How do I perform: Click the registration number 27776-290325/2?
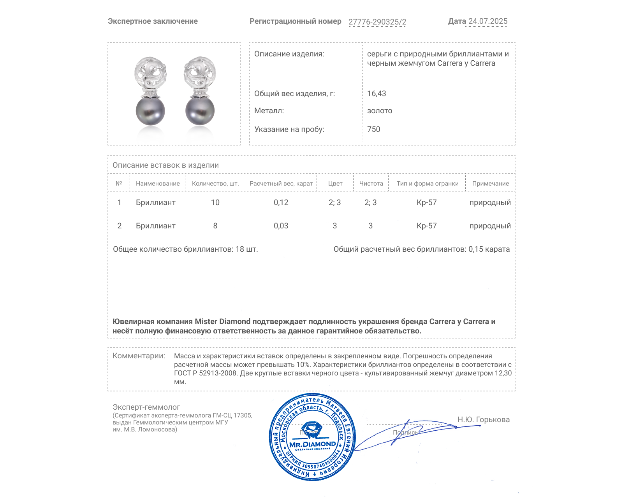[377, 22]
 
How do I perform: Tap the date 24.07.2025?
[487, 21]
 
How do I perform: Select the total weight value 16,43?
[377, 93]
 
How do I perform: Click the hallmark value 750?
[373, 129]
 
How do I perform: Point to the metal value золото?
[380, 110]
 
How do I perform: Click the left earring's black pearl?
[150, 111]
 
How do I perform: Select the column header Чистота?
[371, 183]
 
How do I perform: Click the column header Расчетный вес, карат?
[281, 183]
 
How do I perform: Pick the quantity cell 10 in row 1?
[215, 202]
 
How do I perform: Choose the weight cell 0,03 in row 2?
[281, 226]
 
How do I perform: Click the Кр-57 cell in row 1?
[426, 202]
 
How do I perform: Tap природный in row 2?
[490, 226]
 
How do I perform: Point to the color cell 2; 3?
[334, 202]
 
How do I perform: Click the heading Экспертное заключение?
[153, 21]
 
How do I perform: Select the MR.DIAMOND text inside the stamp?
[312, 444]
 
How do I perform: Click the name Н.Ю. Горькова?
[483, 419]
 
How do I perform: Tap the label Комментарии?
[139, 356]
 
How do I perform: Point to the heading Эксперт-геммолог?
[146, 407]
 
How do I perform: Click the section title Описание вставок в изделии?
[165, 165]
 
